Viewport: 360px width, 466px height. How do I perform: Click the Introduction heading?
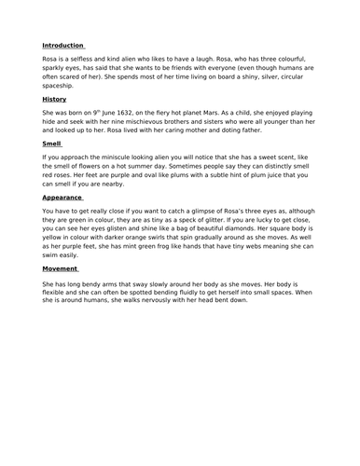tap(63, 44)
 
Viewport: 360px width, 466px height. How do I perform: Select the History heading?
tap(54, 98)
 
